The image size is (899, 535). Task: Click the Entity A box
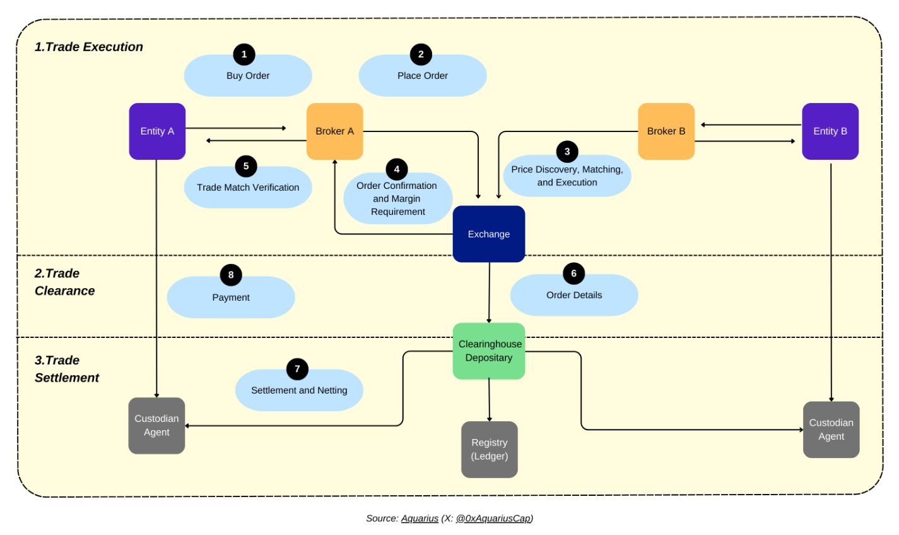pos(157,131)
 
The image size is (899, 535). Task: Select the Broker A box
pos(335,131)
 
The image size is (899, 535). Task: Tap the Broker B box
pos(666,131)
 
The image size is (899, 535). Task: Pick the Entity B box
pos(830,131)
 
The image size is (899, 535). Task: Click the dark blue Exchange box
pos(489,234)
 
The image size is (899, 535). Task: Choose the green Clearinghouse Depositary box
pos(489,351)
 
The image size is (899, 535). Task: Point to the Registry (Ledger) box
pos(489,449)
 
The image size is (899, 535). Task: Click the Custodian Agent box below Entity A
pos(156,426)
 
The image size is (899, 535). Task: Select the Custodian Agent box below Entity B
pos(831,430)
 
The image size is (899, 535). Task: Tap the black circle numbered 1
pos(244,54)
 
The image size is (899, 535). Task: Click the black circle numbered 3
pos(567,152)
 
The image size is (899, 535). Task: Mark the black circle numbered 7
pos(297,369)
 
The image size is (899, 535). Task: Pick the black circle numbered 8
pos(231,275)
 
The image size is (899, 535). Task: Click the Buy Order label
pos(248,76)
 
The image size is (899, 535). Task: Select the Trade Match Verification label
pos(248,188)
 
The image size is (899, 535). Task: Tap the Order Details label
pos(574,295)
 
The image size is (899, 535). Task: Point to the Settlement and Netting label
pos(299,390)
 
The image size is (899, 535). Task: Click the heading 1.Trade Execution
pos(89,47)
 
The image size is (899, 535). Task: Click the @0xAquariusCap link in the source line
pos(493,519)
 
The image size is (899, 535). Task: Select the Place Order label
pos(422,76)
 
